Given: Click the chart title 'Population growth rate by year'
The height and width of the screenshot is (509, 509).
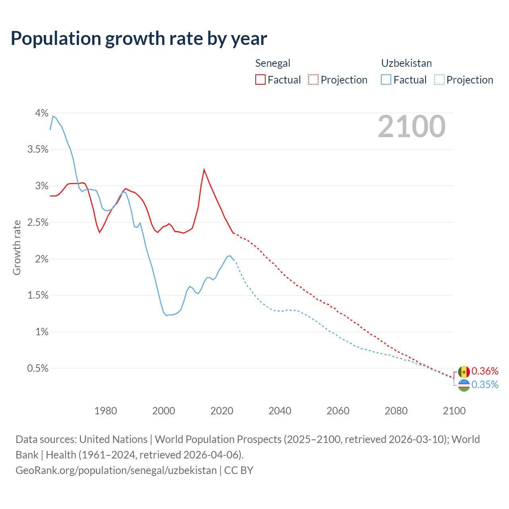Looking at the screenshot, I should (139, 39).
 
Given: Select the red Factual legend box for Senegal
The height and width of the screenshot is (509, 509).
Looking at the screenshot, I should (260, 80).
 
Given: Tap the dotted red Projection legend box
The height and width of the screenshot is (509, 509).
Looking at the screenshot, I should (313, 80).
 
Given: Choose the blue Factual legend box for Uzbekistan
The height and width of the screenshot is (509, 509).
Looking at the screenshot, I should (386, 80).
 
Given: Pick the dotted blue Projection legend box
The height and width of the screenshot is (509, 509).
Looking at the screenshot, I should (439, 80).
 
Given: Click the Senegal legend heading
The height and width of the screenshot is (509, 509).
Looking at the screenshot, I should (273, 63).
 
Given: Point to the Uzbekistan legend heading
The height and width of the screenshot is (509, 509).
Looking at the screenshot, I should (406, 63).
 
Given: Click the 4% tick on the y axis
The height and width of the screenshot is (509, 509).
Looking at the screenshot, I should (41, 113).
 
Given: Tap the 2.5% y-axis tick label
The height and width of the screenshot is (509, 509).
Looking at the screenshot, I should (38, 223).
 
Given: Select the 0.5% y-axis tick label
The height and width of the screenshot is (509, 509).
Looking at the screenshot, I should (38, 369).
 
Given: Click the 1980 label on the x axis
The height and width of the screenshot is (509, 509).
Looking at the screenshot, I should (106, 411).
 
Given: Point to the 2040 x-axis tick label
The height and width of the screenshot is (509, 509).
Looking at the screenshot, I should (280, 411).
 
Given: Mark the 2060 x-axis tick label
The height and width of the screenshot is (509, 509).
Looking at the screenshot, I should (338, 411).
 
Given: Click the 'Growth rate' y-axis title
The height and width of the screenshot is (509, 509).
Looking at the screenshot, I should (17, 247).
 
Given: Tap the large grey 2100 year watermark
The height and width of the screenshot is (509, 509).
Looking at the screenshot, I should (412, 126).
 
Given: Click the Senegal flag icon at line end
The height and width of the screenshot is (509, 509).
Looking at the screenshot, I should (464, 372).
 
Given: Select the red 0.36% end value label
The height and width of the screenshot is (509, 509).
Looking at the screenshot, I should (485, 371).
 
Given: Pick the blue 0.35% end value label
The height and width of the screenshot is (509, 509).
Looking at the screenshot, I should (485, 385).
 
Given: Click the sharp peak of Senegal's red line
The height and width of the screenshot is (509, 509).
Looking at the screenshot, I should (204, 170).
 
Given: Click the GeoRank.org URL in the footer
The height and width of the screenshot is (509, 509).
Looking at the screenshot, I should (116, 470).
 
